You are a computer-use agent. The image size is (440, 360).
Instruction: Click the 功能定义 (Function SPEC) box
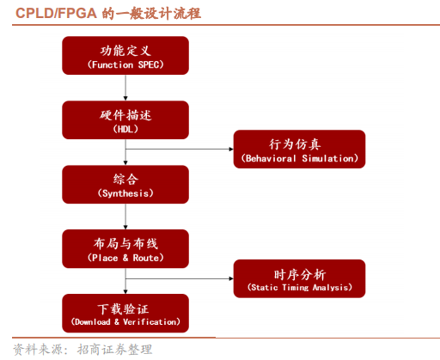125,56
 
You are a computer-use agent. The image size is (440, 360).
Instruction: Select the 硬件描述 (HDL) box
125,120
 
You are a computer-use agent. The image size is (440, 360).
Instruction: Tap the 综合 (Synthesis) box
125,185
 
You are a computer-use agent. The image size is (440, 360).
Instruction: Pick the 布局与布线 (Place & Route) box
125,249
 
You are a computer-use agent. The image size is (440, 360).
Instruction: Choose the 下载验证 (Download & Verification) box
125,314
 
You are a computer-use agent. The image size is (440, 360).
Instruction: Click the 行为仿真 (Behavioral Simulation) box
299,149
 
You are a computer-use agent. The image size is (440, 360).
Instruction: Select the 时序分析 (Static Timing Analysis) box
299,278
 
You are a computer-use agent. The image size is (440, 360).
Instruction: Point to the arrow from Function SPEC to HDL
125,88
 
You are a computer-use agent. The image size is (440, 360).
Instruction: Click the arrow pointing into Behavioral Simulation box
180,149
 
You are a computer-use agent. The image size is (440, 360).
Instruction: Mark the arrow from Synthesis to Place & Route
125,217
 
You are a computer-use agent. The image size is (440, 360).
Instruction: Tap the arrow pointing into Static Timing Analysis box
180,278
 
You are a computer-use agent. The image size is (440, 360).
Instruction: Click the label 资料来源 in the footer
36,349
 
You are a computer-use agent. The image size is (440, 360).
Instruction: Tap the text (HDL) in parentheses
125,129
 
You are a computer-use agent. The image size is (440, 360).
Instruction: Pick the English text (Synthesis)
125,193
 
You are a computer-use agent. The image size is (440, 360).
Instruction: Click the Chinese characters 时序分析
299,271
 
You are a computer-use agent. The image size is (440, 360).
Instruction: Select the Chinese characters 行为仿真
299,142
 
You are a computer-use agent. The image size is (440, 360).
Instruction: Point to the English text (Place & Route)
125,258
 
